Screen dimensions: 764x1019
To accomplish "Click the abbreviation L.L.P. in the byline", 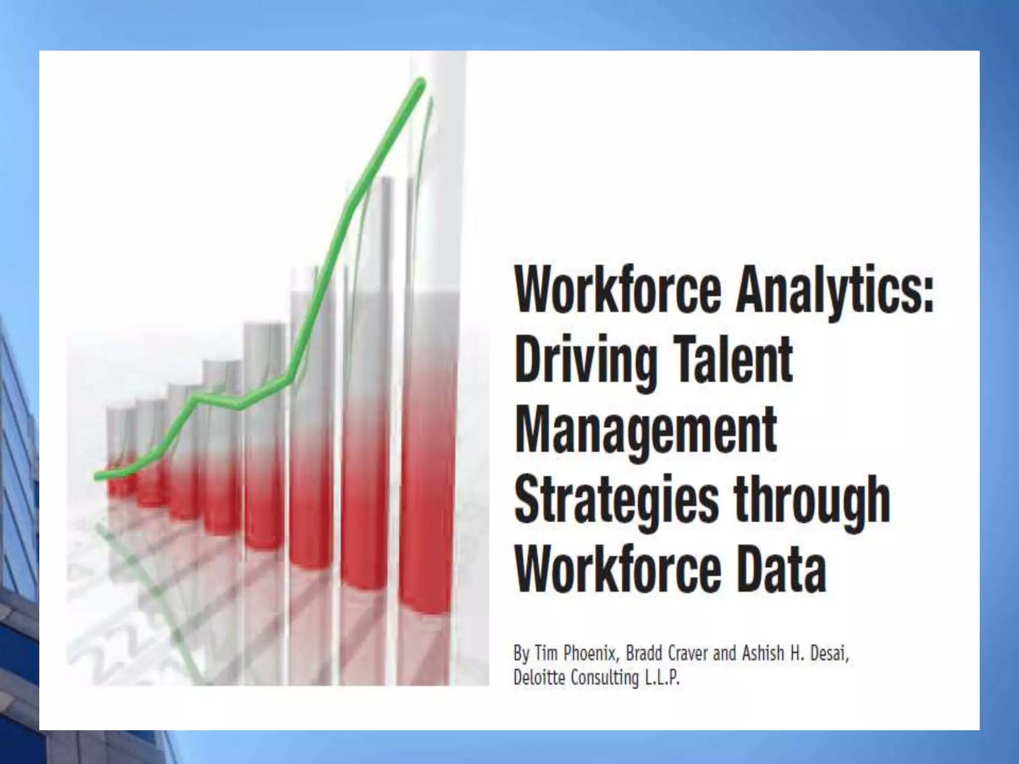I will pyautogui.click(x=662, y=677).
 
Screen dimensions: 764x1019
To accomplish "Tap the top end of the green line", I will pyautogui.click(x=422, y=82).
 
